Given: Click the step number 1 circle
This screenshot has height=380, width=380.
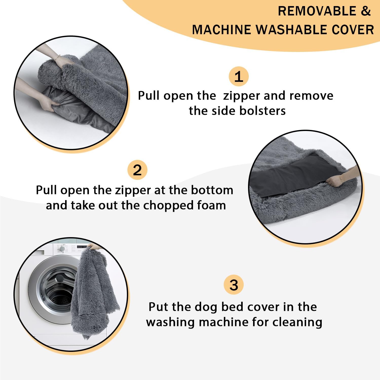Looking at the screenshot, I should [x=238, y=77].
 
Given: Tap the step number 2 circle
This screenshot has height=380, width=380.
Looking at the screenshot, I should [x=137, y=170].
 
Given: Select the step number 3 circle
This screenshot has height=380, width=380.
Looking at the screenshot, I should [x=234, y=285].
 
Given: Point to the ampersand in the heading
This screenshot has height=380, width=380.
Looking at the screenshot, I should [x=366, y=11].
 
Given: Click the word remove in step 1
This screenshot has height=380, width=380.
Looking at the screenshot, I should [x=311, y=96].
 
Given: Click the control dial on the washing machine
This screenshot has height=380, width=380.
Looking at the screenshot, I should [x=62, y=249].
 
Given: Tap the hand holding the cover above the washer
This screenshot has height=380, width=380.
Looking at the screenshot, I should [x=93, y=246].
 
